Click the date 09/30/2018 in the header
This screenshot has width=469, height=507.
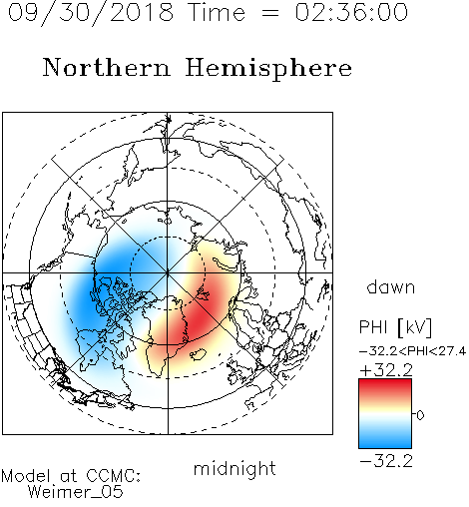91,13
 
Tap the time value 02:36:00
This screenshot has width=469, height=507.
351,12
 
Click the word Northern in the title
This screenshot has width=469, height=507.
107,67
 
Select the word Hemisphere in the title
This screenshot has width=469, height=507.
268,69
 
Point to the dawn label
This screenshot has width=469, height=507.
391,286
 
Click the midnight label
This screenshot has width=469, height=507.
234,468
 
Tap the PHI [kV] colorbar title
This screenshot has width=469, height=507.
396,327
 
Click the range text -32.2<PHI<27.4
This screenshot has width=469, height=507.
412,351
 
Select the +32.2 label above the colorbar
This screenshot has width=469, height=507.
386,369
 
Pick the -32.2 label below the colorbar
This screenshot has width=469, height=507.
386,461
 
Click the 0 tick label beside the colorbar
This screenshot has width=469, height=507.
420,415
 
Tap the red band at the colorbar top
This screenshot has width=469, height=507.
385,387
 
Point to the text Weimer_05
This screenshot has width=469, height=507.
76,492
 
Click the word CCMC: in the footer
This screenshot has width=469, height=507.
113,476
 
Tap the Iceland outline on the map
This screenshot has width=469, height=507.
199,354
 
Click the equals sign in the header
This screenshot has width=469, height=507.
269,13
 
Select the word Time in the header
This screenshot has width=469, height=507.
217,12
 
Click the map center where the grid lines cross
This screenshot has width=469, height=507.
168,273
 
